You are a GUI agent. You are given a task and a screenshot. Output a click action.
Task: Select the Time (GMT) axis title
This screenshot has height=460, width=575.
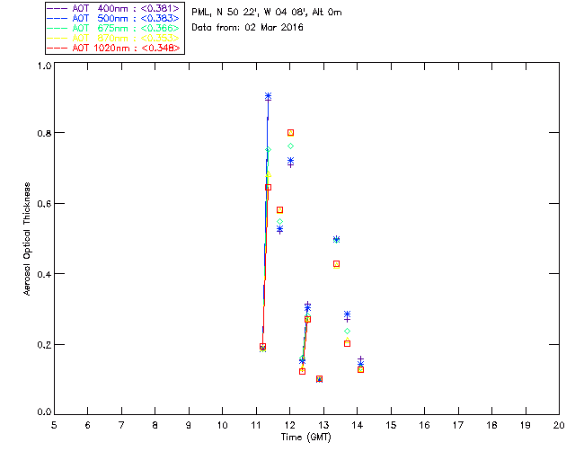pos(305,437)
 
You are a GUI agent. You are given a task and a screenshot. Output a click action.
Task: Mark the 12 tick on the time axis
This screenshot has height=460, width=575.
pos(289,423)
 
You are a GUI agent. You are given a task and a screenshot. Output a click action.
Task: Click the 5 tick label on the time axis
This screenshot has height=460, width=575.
pos(54,423)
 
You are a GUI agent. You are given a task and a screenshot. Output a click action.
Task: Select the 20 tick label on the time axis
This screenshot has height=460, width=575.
pos(559,423)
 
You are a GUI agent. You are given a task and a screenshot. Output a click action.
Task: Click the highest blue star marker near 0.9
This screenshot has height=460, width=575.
pos(268,96)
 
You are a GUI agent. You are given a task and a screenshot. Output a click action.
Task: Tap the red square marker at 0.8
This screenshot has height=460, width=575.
pos(290,133)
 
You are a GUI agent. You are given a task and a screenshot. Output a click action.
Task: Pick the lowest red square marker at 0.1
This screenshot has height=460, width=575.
pos(319,379)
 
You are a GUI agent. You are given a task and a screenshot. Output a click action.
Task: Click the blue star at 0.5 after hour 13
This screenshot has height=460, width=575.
pos(336,239)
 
